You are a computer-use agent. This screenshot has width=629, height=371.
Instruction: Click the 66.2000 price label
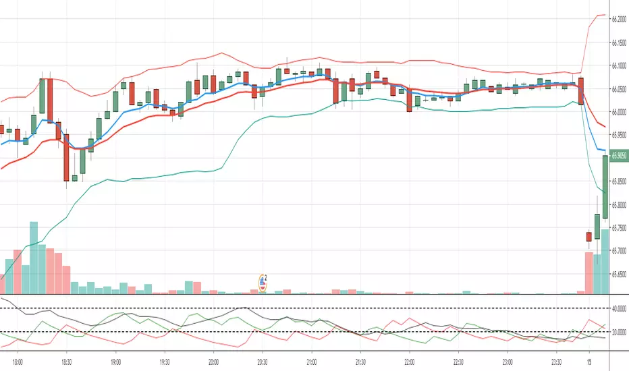(x=620, y=20)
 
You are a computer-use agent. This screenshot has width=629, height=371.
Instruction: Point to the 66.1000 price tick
(x=620, y=66)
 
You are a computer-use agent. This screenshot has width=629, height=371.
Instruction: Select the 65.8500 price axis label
(x=620, y=181)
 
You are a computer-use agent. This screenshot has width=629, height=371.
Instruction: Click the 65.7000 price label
(x=620, y=251)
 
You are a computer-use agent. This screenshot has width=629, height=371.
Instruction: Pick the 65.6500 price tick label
(x=620, y=275)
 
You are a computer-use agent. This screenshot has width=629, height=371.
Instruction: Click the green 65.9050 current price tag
(x=620, y=155)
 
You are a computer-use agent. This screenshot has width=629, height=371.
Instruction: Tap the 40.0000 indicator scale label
(x=620, y=309)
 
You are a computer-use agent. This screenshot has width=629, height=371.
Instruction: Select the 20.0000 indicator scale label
(x=620, y=332)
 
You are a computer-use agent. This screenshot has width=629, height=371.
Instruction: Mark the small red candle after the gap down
(x=589, y=236)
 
